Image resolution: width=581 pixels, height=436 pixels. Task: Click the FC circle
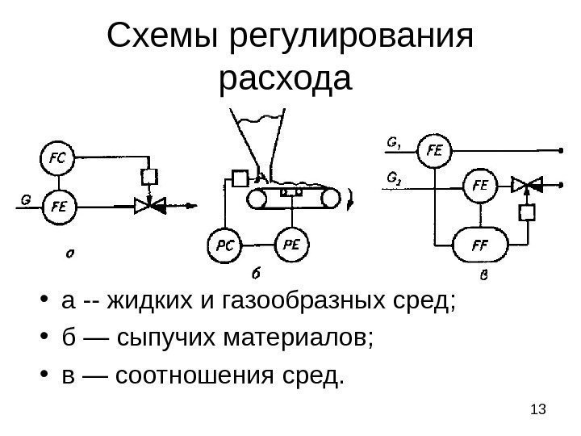coord(57,158)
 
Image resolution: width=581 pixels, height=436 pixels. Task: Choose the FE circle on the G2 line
coord(479,184)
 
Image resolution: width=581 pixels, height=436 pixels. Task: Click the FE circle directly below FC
coord(57,205)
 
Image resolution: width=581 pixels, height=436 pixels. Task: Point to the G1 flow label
coord(395,145)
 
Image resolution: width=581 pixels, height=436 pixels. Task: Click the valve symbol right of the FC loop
coord(149,206)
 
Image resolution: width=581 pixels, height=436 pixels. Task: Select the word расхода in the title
coord(286,79)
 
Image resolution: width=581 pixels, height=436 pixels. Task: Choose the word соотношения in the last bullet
coord(189,375)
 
